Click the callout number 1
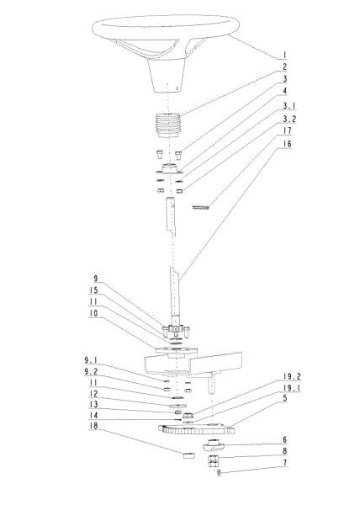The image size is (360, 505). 284,55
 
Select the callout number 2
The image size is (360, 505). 284,67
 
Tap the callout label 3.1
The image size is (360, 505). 289,106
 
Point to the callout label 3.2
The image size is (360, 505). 289,119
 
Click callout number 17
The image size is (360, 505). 287,130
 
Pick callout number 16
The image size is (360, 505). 287,144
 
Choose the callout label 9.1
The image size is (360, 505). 91,360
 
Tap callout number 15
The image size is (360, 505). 93,290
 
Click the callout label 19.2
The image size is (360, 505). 292,376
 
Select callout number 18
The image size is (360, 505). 93,426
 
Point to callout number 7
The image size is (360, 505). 284,463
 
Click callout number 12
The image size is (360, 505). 93,394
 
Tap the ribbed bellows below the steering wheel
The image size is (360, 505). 168,125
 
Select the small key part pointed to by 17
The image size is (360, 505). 200,207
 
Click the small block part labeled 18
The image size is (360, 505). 189,455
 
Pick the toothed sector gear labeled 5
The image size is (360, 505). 196,429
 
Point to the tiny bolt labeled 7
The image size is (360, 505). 219,473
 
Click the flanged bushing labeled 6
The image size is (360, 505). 213,444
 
